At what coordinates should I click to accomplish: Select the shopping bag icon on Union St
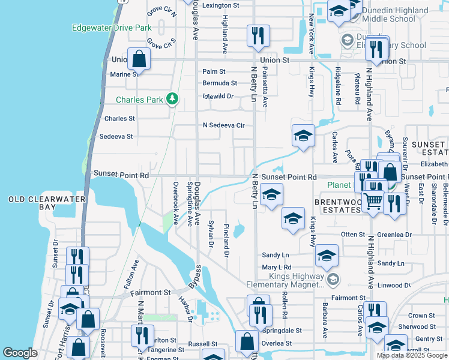[139, 59]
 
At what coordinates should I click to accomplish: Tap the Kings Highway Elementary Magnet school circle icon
[334, 279]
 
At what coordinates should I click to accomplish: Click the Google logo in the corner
[20, 353]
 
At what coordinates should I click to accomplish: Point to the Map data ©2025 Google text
[412, 355]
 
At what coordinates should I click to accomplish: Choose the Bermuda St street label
[219, 83]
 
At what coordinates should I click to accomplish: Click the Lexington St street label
[220, 5]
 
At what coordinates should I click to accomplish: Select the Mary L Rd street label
[276, 267]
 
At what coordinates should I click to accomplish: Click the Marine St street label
[124, 74]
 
